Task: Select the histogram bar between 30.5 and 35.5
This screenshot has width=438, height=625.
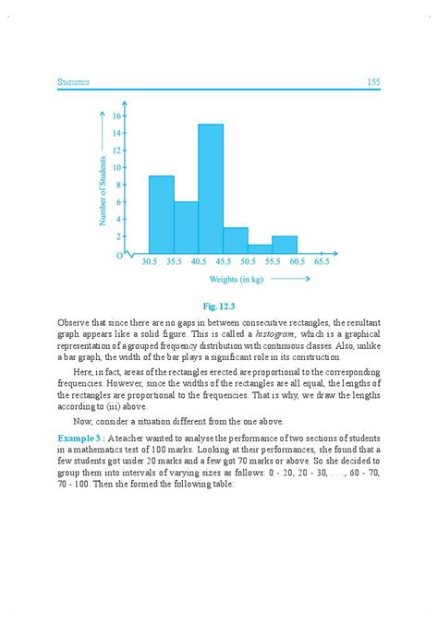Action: (161, 214)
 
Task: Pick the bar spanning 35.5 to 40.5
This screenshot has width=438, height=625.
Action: (186, 227)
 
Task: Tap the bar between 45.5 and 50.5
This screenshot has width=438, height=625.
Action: (235, 240)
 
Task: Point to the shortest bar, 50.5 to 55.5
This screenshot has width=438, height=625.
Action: (260, 248)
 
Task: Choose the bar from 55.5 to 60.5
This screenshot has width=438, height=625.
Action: (285, 245)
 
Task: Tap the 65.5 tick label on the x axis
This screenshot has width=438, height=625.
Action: (321, 262)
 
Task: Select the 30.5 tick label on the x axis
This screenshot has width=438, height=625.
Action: (149, 262)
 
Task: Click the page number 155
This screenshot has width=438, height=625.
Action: (373, 82)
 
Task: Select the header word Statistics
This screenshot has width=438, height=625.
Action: (73, 83)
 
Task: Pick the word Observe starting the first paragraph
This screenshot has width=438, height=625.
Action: (73, 319)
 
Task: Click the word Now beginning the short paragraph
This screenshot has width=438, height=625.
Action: (79, 419)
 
